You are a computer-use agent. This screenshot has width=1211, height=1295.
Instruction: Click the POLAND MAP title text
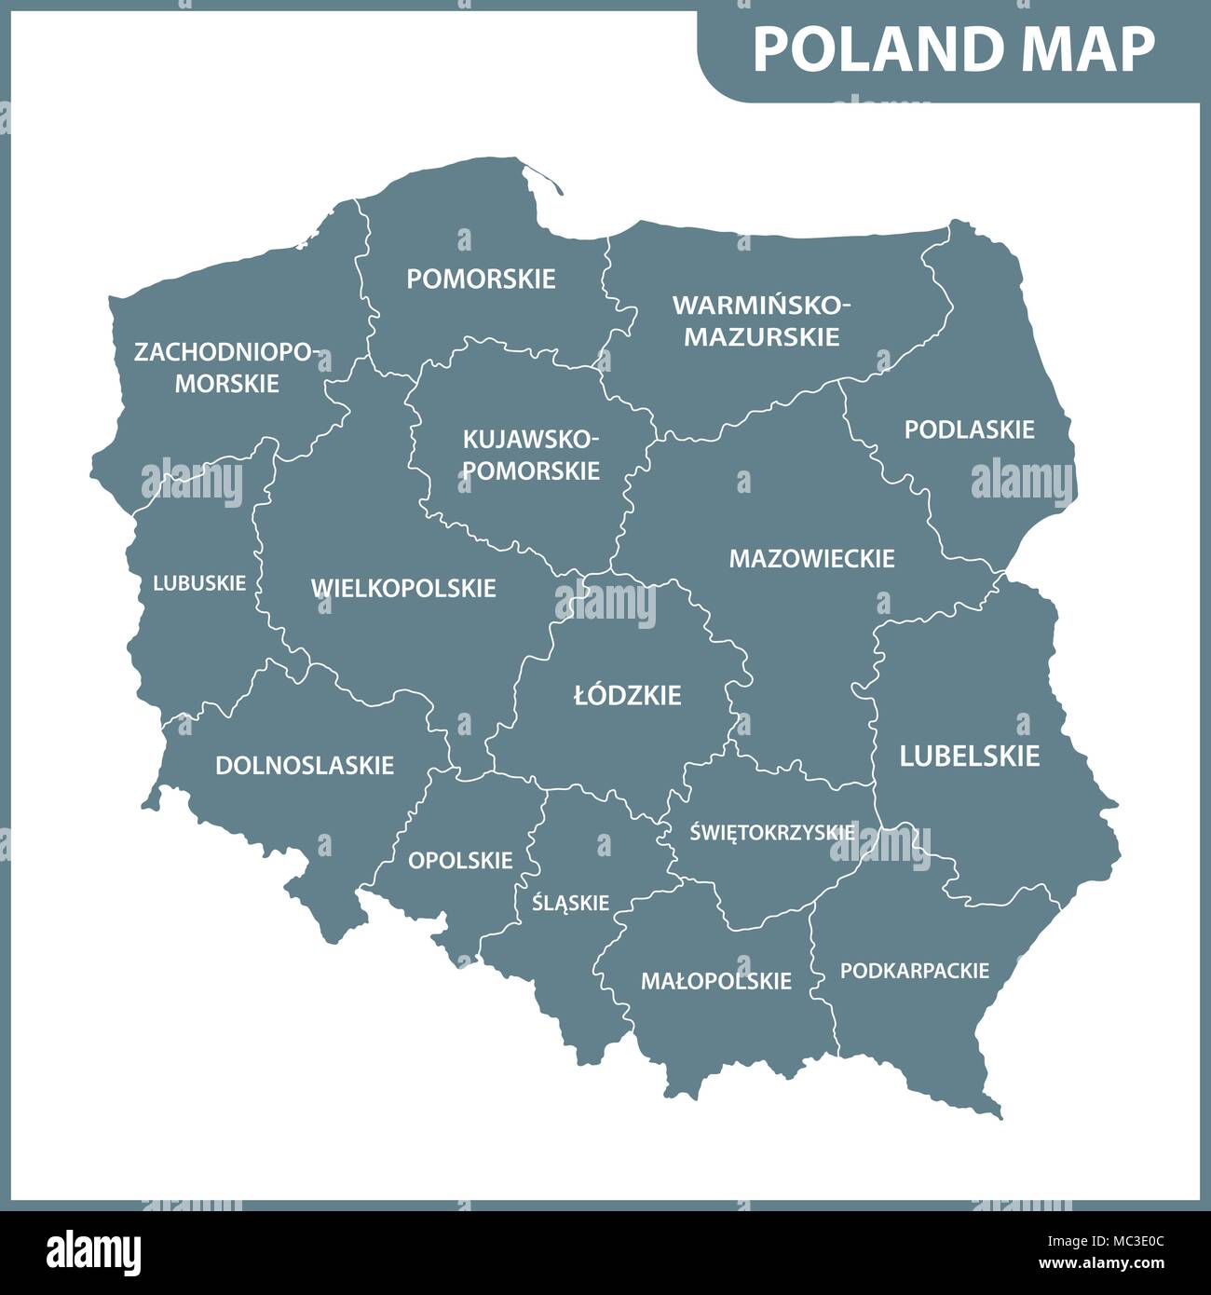coord(953,49)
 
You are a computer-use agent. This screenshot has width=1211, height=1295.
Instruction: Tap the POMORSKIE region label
coord(481,279)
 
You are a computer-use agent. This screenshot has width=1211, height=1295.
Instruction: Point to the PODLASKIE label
coord(969,429)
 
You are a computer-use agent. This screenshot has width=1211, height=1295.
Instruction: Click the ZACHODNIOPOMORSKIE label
coord(226,368)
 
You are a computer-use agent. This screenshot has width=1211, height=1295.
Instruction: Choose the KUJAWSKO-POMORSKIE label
coord(531,455)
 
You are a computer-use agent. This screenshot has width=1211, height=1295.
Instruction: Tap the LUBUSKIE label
coord(199,583)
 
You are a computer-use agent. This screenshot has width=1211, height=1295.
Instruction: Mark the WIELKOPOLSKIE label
coord(403,588)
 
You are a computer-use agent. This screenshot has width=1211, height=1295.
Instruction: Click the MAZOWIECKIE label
coord(811,558)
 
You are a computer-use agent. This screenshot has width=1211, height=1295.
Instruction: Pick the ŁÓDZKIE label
coord(628,695)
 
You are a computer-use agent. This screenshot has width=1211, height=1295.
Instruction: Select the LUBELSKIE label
coord(969,756)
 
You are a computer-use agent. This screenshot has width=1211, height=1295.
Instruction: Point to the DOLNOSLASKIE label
coord(305,765)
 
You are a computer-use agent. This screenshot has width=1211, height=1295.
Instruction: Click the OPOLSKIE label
coord(460,860)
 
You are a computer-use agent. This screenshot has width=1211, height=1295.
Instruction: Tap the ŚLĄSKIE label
coord(570,902)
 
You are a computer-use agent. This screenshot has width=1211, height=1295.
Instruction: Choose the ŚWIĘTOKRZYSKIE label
coord(772,832)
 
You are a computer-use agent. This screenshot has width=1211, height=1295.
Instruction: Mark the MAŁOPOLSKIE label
coord(715,980)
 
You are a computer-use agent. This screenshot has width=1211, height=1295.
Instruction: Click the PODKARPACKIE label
coord(914,971)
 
